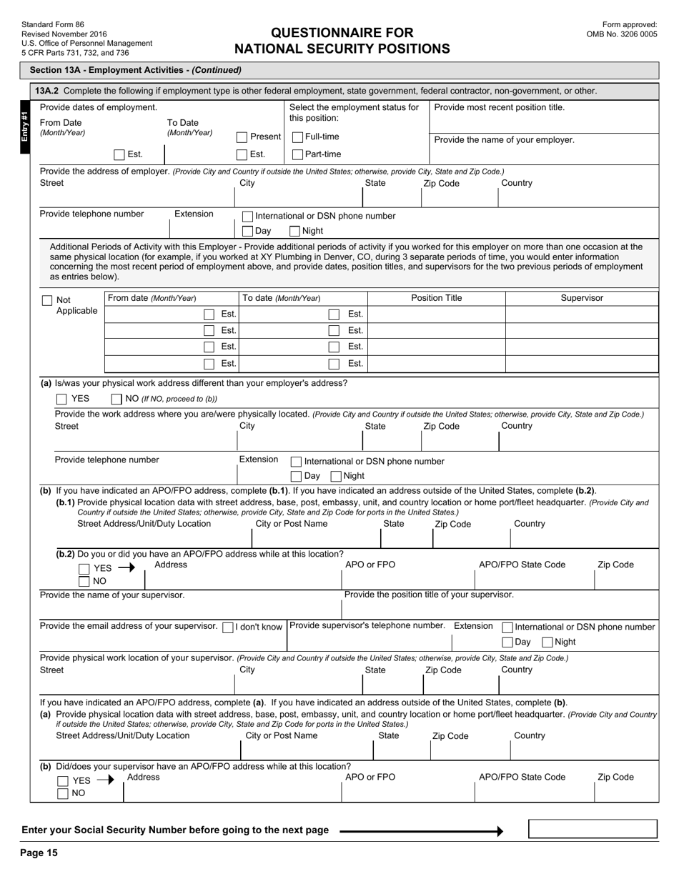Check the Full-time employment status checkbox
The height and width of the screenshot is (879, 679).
coord(298,137)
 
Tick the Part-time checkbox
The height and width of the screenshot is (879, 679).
coord(298,154)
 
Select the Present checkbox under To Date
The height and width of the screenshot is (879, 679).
coord(242,137)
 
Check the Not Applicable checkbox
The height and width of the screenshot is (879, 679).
coord(47,301)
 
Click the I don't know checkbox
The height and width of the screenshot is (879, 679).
coord(228,627)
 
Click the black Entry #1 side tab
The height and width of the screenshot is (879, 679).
coord(24,126)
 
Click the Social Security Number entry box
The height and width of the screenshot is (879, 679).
coord(593,829)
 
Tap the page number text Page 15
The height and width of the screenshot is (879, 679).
coord(39,853)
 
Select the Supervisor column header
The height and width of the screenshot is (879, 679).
coord(582,298)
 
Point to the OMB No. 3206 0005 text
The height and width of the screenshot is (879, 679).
coord(621,34)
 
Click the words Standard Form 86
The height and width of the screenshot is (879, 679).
coord(53,24)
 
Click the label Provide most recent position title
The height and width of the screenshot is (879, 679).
coord(499,107)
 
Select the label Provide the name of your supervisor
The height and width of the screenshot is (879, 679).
coord(112,595)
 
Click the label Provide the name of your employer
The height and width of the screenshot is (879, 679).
coord(504,140)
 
